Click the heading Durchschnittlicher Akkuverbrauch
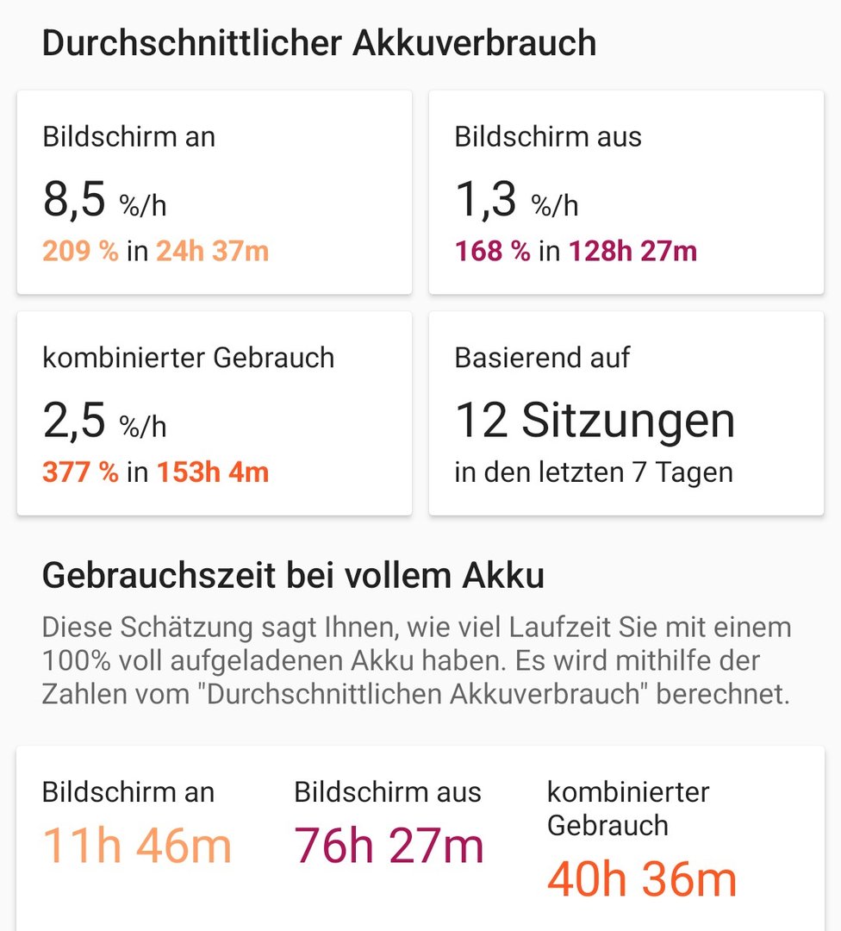click(319, 43)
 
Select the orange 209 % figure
click(80, 252)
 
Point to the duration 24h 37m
click(212, 252)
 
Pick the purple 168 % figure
click(492, 252)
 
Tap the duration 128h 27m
click(632, 252)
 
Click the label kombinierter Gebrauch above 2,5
click(188, 358)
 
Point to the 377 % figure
click(80, 473)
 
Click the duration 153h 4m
click(212, 473)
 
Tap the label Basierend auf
click(542, 358)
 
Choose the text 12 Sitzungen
click(595, 421)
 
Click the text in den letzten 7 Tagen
click(594, 473)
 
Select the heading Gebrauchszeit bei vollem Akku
click(293, 576)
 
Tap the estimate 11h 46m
click(137, 846)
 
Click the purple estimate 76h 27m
click(389, 846)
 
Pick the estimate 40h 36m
click(642, 879)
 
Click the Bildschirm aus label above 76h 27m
click(388, 792)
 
